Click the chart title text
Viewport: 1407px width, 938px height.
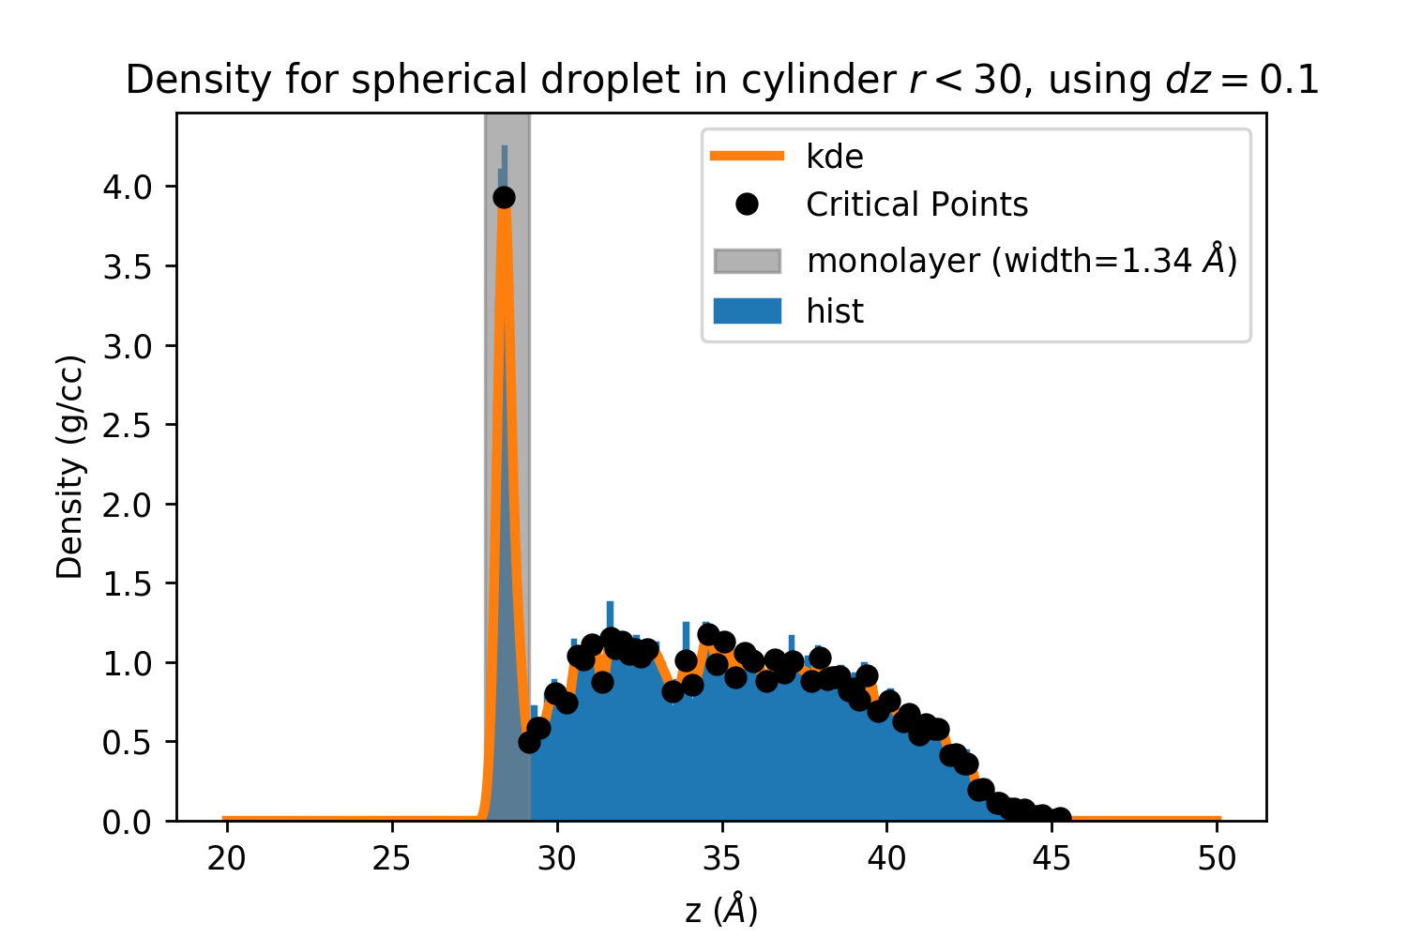coord(722,81)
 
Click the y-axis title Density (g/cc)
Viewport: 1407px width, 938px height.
coord(70,466)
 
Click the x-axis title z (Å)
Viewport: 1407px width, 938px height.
coord(721,909)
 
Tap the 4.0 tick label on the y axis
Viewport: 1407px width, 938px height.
coord(128,187)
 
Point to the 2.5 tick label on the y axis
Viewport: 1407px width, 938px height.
coord(128,425)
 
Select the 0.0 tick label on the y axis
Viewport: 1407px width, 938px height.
coord(128,822)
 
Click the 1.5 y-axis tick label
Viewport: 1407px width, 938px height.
coord(128,583)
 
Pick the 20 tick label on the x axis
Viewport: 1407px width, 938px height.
coord(226,858)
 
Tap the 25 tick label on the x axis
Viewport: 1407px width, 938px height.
coord(391,858)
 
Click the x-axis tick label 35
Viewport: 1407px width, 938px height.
coord(722,858)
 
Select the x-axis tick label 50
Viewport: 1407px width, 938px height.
coord(1218,858)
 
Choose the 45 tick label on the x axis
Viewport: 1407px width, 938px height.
coord(1052,858)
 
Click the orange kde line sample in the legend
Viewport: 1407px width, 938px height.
coord(747,156)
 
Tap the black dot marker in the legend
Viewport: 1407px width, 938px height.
coord(747,204)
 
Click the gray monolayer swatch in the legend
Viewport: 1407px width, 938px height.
coord(747,261)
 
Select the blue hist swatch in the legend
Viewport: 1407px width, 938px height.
coord(747,310)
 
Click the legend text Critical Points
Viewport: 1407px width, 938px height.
coord(916,204)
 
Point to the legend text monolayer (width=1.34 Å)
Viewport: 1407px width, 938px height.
coord(1021,260)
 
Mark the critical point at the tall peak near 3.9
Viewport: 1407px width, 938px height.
coord(504,197)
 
